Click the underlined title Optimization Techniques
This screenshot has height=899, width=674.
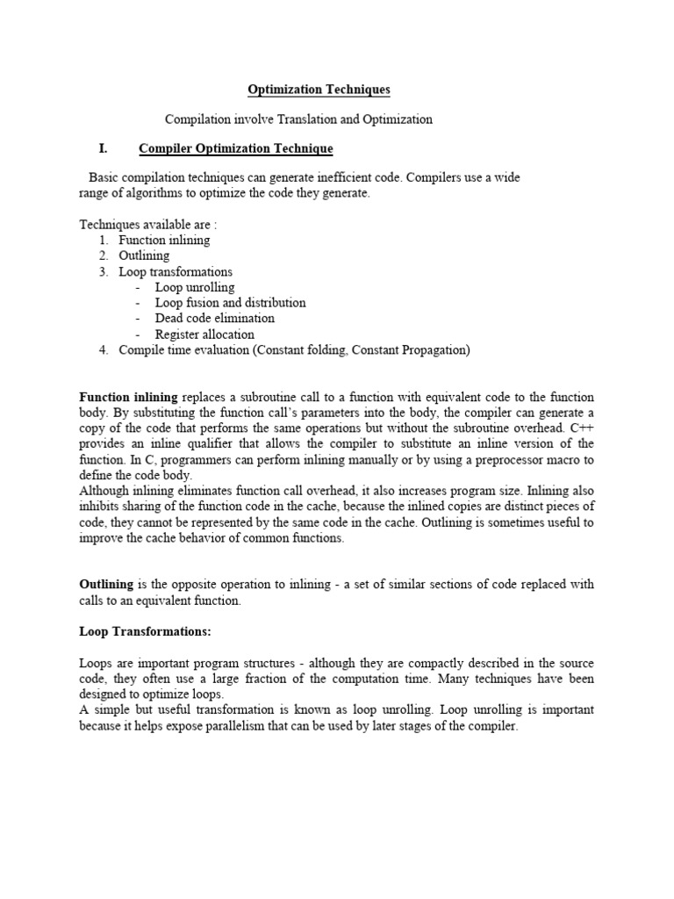(319, 90)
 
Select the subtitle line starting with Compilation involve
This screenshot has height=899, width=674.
(299, 119)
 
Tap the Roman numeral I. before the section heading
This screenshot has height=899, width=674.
(103, 148)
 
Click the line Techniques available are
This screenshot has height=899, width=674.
(147, 224)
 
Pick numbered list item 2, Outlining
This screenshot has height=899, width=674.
(144, 255)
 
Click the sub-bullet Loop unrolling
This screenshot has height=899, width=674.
(195, 287)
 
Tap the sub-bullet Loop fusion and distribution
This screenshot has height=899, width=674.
(230, 303)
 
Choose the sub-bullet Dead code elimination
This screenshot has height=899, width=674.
(214, 319)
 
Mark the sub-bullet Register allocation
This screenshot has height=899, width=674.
(204, 334)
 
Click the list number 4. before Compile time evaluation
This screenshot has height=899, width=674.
(104, 350)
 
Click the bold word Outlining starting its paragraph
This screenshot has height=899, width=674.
(106, 585)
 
